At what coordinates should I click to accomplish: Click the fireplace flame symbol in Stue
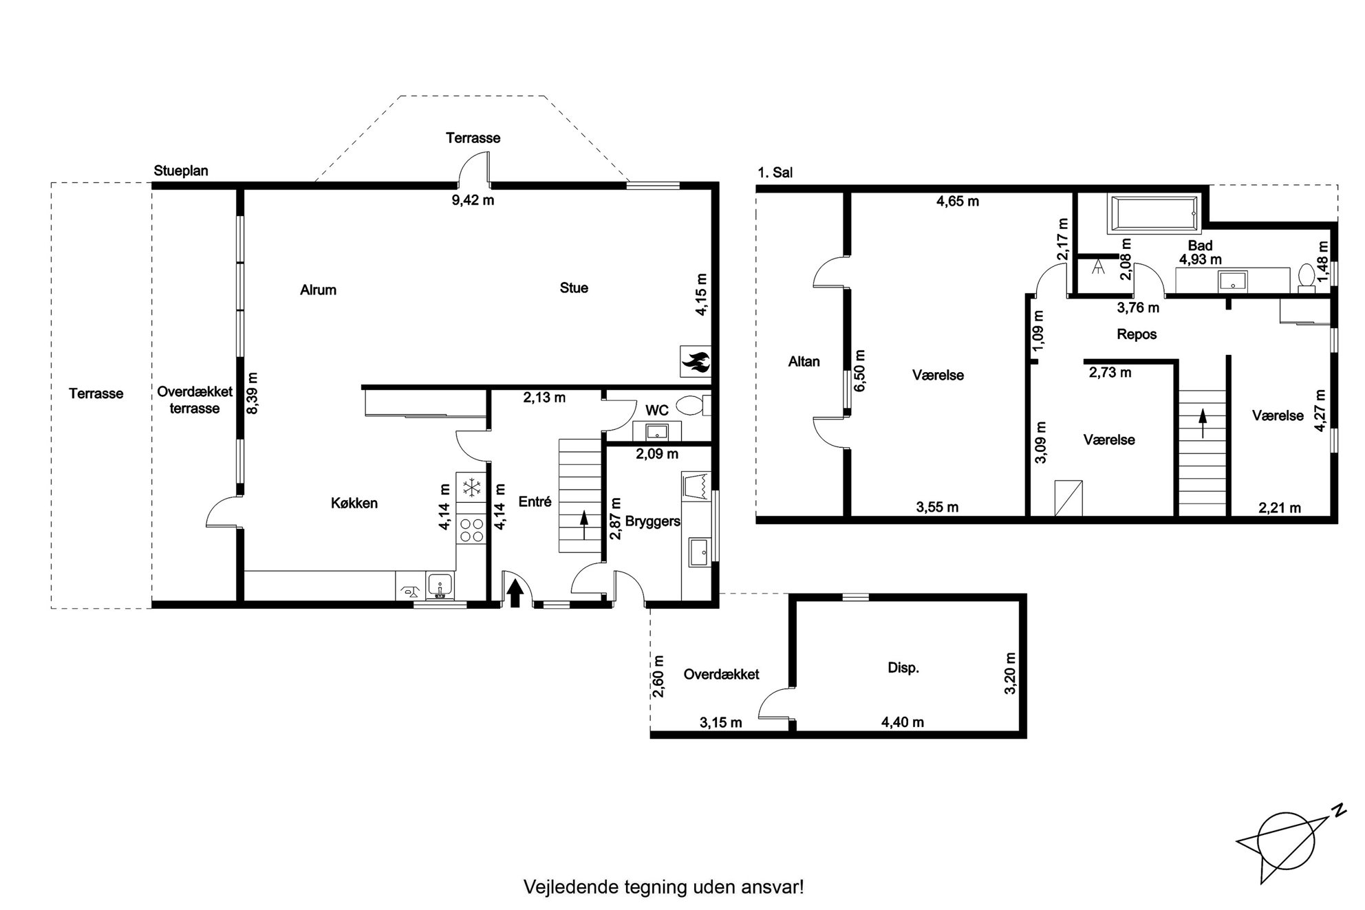pos(696,361)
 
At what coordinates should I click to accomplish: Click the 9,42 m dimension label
pos(473,200)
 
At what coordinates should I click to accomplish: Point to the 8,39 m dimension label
pos(253,393)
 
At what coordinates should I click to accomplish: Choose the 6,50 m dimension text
pos(859,370)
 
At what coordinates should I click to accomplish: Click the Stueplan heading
pos(181,171)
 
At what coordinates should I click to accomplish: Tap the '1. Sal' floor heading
pos(775,173)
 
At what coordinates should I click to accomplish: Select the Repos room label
pos(1137,334)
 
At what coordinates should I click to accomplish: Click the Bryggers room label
pos(653,521)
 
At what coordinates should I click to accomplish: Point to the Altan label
pos(804,361)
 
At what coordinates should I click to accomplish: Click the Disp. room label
pos(903,667)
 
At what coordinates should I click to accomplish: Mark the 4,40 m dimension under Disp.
pos(903,722)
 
